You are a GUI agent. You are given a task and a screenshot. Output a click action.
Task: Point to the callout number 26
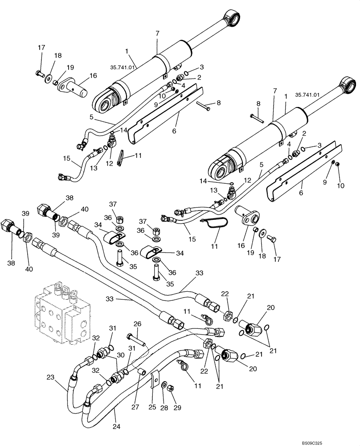point(137,323)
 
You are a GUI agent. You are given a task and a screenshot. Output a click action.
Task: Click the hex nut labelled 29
point(170,388)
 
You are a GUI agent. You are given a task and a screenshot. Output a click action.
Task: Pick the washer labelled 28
point(164,384)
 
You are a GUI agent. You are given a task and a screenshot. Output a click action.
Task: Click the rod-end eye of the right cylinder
point(348,85)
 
